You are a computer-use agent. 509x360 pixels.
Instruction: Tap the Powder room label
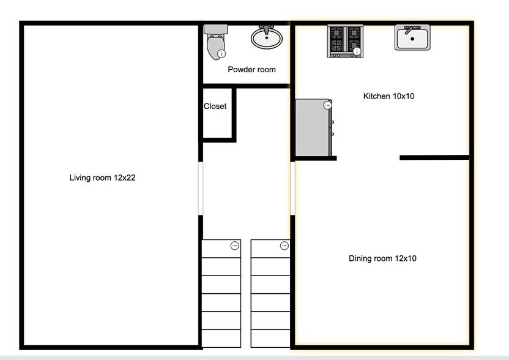coord(251,70)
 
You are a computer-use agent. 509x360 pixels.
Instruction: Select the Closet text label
coord(215,107)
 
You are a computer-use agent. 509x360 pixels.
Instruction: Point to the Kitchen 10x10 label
coord(389,96)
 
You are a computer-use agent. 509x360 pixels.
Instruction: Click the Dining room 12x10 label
coord(382,258)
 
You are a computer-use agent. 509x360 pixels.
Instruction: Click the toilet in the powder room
coord(215,42)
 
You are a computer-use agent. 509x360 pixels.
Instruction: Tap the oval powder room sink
coord(267,38)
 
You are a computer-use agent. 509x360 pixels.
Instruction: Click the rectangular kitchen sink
coord(412,38)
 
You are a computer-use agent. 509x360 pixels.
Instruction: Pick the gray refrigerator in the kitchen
coord(314,129)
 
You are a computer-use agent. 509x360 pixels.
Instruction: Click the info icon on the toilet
coord(221,54)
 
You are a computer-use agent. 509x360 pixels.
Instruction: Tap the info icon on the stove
coord(357,51)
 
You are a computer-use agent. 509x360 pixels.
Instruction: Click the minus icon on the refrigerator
coord(327,105)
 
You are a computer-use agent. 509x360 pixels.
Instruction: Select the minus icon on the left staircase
coord(234,246)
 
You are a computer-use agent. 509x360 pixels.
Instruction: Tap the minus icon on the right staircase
coord(284,246)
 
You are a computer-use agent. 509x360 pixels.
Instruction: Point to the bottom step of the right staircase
coord(270,339)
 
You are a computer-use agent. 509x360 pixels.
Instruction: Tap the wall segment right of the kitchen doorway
coord(434,158)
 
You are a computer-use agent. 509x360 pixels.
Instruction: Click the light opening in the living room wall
coord(201,188)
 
